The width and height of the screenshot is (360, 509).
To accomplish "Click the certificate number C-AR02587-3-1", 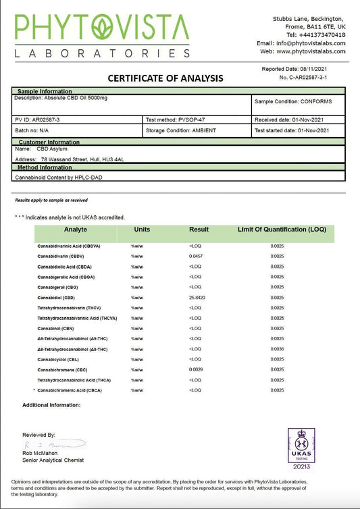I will [312, 78].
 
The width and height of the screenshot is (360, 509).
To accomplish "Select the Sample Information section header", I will [45, 90].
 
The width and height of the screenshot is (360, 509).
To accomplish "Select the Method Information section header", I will [45, 167].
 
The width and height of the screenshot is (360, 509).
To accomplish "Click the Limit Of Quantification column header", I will [282, 230].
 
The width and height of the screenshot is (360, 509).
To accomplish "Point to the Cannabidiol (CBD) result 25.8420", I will [199, 297].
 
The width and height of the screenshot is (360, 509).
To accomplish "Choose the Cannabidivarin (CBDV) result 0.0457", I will [197, 256].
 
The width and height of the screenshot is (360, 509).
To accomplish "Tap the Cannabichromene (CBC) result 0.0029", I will [197, 369].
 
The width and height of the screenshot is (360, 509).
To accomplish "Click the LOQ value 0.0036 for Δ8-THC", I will [277, 348].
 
